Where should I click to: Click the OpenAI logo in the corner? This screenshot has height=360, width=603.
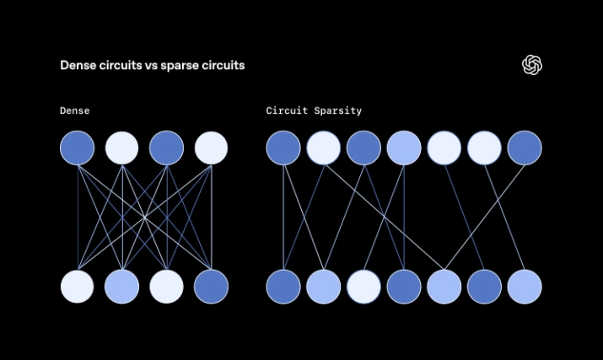click(532, 65)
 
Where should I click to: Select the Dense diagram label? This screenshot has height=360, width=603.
click(75, 110)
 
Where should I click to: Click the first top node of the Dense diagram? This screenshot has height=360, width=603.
click(78, 148)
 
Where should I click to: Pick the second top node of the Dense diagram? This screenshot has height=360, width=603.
click(122, 148)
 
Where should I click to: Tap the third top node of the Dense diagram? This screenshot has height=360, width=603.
click(167, 148)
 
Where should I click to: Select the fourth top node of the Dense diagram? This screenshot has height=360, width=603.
click(212, 148)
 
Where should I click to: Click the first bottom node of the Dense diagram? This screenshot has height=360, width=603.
click(78, 287)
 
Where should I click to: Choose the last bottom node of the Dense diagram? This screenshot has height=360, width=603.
click(212, 287)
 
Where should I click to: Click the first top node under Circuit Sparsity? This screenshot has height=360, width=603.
click(283, 148)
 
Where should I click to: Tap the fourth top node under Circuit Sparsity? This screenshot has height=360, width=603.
click(404, 148)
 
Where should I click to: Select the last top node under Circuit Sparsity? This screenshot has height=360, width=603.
click(525, 148)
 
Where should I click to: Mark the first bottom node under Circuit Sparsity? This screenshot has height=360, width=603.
click(283, 287)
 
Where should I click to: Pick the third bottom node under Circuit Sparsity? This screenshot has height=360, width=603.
click(363, 287)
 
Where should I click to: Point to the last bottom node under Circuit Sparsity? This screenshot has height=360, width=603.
click(525, 287)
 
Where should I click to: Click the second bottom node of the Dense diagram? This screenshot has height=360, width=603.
click(122, 287)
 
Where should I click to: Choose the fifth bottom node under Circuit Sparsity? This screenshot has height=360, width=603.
click(444, 287)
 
